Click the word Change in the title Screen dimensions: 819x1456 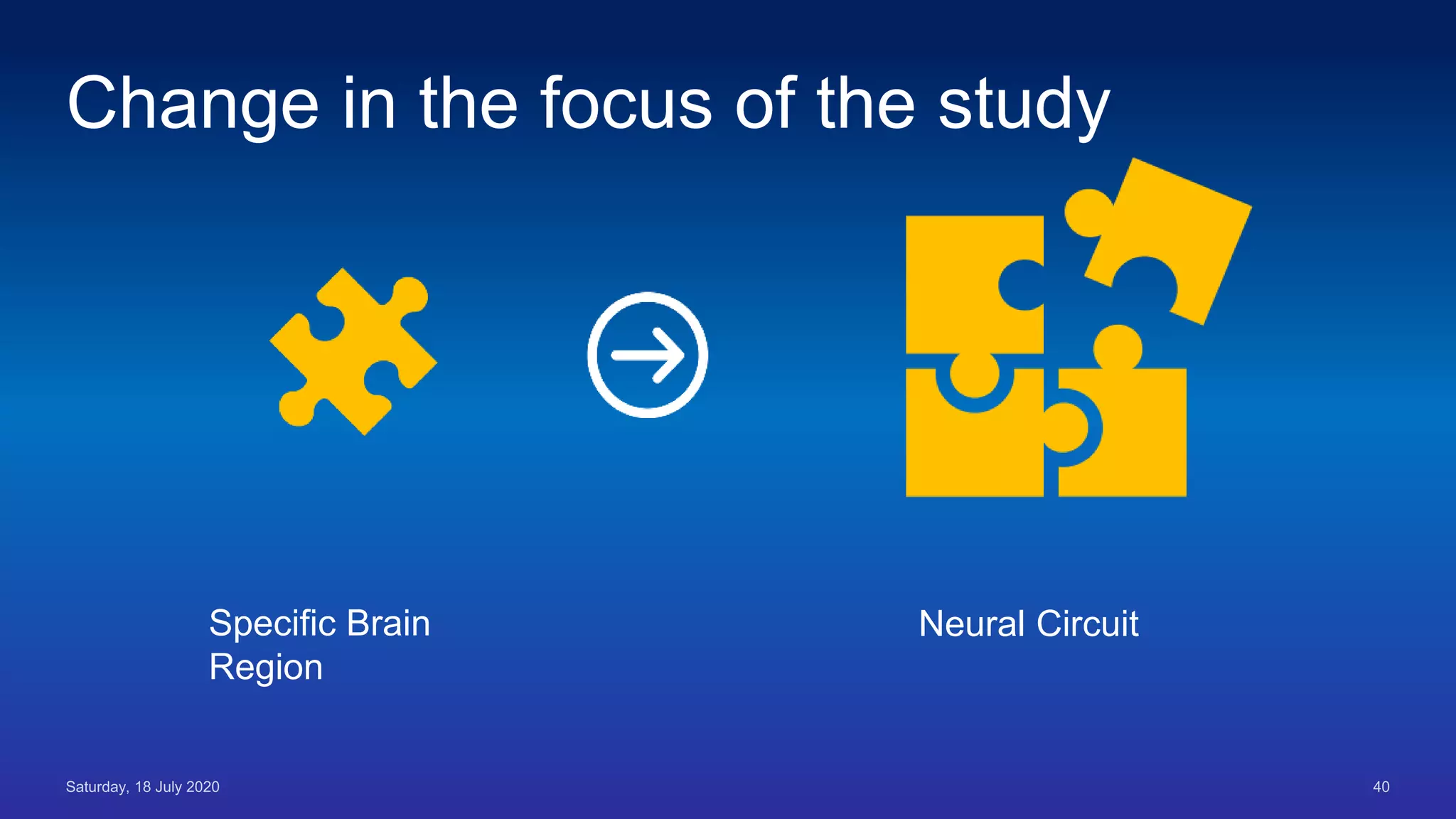coord(193,105)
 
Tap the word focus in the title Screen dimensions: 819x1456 coord(626,105)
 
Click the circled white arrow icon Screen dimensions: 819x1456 coord(647,355)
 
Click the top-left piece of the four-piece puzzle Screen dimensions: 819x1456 coord(960,284)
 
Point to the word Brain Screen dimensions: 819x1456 coord(388,623)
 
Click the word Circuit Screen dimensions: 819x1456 coord(1087,624)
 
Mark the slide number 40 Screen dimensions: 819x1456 coord(1381,787)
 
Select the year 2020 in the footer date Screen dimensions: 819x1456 coord(203,787)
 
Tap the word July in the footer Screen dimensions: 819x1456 coord(168,787)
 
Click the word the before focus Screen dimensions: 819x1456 coord(468,105)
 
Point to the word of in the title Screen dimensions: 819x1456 coord(765,105)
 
